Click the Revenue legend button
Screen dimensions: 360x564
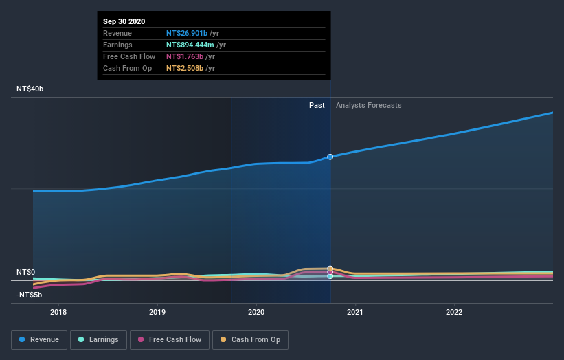tap(39, 339)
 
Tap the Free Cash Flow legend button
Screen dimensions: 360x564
tap(170, 339)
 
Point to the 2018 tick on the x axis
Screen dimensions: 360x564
tap(58, 311)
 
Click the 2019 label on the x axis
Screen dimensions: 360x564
tap(157, 311)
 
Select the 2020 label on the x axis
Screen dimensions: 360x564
tap(256, 311)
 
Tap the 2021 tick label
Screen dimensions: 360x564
tap(355, 311)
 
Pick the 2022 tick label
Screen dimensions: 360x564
tap(454, 311)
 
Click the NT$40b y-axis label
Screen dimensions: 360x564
tap(31, 89)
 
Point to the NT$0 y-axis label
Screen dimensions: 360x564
tap(27, 273)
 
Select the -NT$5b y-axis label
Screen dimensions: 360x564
tap(30, 295)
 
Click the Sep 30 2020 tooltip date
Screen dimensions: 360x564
tap(124, 22)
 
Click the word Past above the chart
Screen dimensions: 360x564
tap(317, 105)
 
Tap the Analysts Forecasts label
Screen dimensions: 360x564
tap(368, 105)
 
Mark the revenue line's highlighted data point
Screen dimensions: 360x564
tap(330, 157)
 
